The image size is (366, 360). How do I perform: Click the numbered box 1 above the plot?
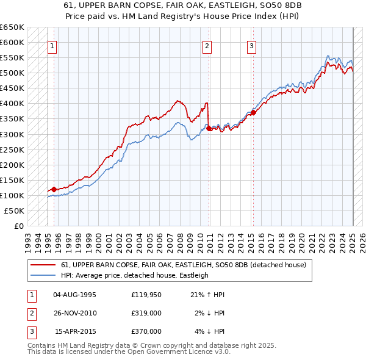[x=52, y=46]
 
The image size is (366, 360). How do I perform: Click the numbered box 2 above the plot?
[x=207, y=46]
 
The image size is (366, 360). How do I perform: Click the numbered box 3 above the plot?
[x=252, y=46]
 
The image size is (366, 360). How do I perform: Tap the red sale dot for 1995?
[x=54, y=189]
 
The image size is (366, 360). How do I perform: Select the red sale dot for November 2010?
[x=209, y=129]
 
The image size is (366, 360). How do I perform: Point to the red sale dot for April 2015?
[x=253, y=113]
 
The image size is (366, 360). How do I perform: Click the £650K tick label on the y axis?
[x=12, y=27]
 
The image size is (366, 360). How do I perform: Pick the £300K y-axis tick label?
[x=12, y=134]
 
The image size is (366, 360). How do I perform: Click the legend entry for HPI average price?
[x=135, y=275]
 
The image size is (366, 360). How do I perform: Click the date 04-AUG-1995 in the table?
[x=75, y=295]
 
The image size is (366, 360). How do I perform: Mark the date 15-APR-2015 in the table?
[x=75, y=331]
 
